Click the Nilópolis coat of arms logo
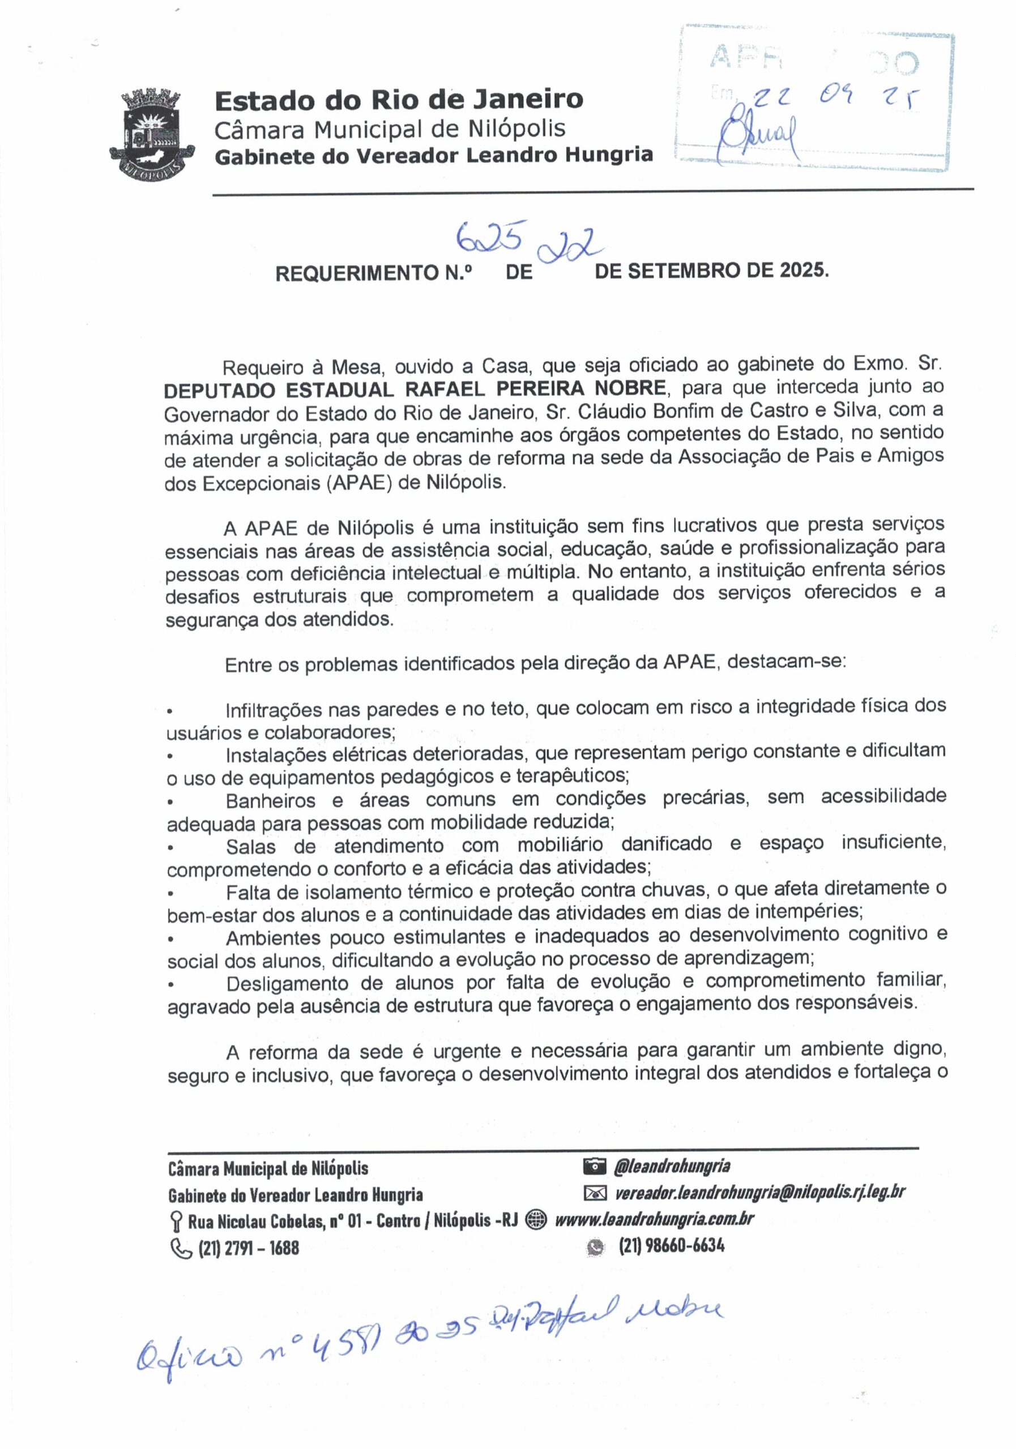tap(152, 134)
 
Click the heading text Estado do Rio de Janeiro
tap(399, 99)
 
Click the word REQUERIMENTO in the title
tap(355, 273)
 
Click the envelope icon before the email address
tap(594, 1193)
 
